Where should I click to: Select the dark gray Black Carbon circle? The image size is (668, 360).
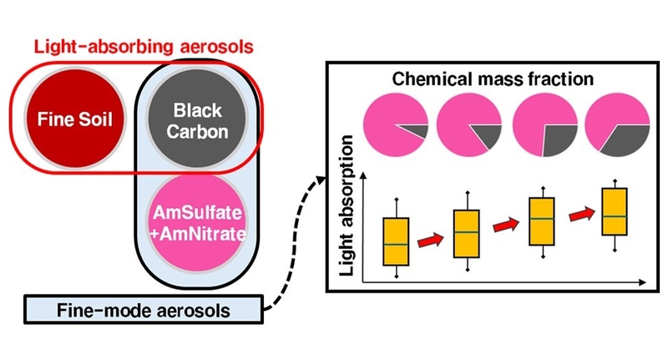point(185,120)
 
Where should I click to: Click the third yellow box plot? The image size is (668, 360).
point(542,221)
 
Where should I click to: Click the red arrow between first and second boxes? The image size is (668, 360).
point(432,241)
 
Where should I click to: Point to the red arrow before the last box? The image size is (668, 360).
point(579,216)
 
